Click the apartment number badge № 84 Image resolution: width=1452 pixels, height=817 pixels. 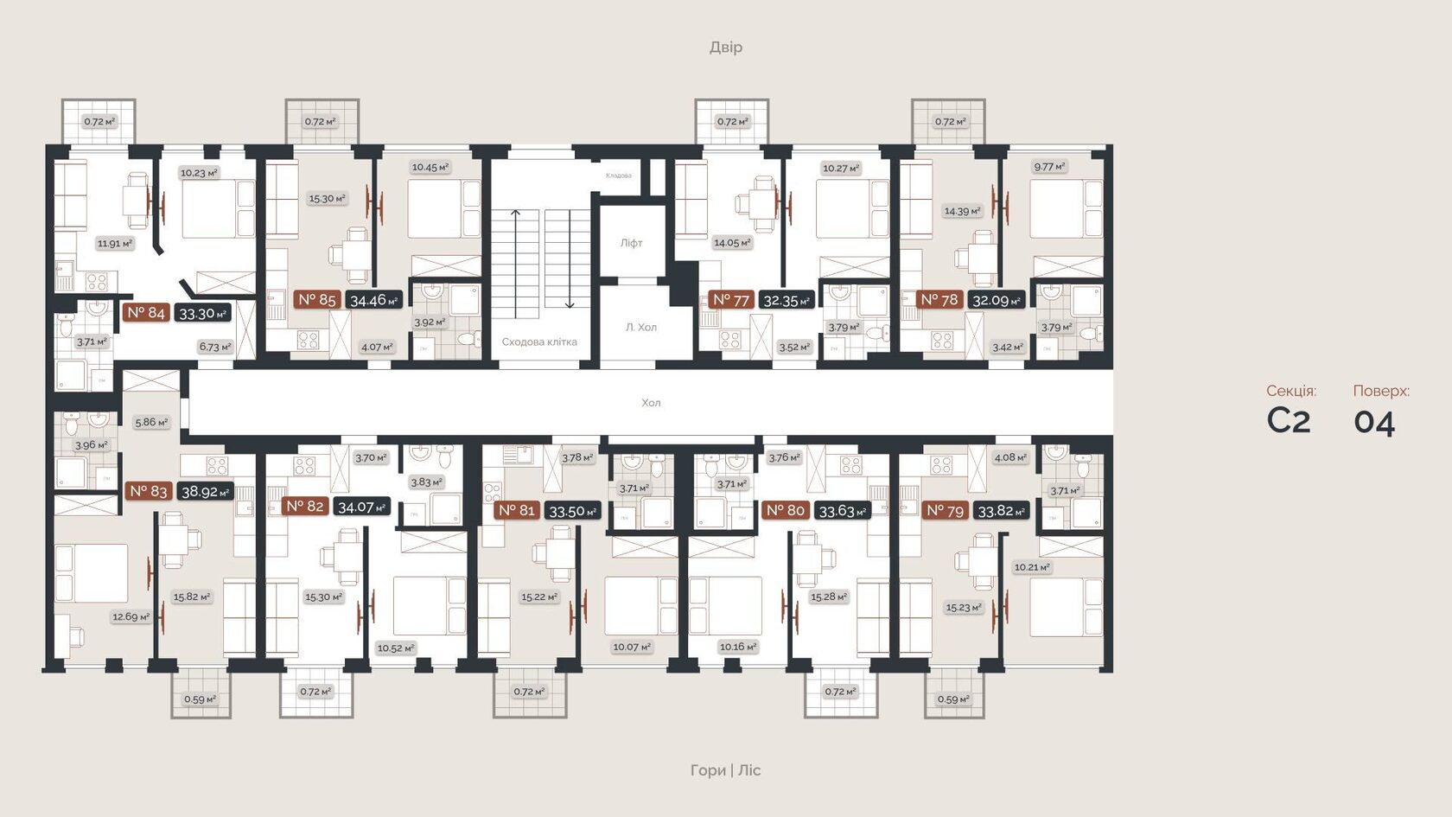coord(145,312)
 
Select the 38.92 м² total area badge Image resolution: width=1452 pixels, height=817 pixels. coord(205,491)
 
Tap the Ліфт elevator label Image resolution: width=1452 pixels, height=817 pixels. coord(631,243)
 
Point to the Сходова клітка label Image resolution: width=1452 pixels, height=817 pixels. coord(539,341)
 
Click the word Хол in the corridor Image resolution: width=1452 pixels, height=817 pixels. coord(651,403)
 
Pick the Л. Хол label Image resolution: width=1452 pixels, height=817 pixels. coord(640,327)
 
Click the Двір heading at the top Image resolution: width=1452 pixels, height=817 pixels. coord(725,47)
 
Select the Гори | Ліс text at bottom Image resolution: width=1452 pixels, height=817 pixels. coord(725,769)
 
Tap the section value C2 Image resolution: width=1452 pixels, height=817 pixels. coord(1288,421)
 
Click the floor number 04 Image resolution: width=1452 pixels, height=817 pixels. coord(1374,422)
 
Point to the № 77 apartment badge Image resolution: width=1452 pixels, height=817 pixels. coord(730,300)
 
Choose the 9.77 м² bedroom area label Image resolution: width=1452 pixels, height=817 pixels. coord(1049,166)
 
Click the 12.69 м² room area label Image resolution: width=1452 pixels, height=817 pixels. coord(131,616)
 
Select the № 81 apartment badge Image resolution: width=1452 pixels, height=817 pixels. coord(517,510)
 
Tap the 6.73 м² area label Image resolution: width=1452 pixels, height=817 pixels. coord(215,347)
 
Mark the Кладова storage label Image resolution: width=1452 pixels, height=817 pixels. coord(618,176)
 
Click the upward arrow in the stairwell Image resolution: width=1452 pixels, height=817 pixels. coord(516,259)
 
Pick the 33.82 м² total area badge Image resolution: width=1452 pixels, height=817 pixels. coord(1001,511)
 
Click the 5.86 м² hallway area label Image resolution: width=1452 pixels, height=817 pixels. coord(151,422)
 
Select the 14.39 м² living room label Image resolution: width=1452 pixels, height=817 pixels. coord(962,211)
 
